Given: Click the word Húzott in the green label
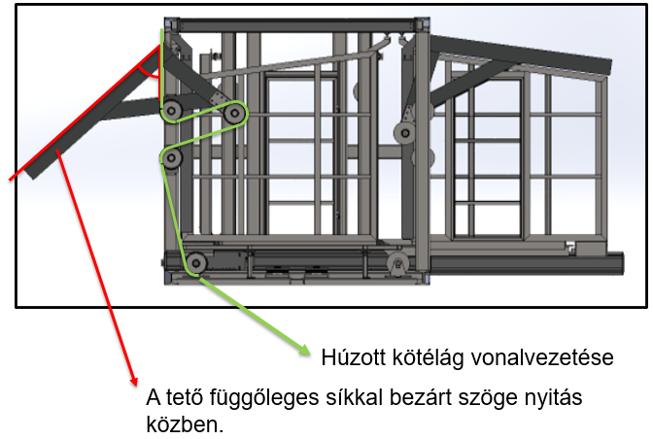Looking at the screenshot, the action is point(353,357).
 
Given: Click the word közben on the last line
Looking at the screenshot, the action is point(185,424).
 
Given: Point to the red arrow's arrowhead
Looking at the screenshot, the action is point(133,380).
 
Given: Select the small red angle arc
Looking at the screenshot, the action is point(148,74).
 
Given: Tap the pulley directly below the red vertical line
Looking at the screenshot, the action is point(172,111).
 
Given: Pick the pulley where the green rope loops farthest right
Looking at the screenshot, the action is point(234,113).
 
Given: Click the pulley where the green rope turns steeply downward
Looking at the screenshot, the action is point(171,158).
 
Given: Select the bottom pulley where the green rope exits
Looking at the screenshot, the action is point(196,263).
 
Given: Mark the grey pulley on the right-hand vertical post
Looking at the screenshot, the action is point(404,133).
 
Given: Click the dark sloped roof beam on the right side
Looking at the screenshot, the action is point(521,54).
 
